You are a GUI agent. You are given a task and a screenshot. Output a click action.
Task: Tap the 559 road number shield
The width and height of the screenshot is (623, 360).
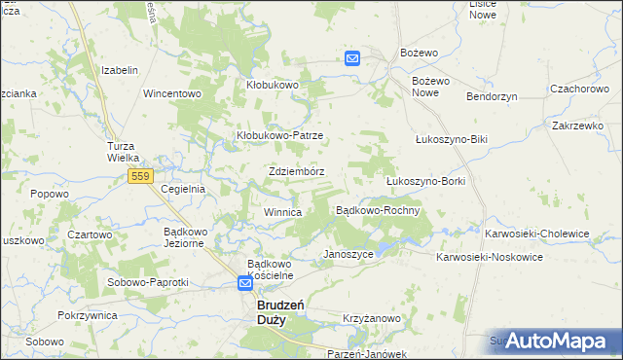point(140,175)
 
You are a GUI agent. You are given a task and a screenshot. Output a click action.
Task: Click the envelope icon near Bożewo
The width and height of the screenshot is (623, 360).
point(352,58)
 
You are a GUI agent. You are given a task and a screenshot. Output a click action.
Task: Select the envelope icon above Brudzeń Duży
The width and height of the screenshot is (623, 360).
point(247,284)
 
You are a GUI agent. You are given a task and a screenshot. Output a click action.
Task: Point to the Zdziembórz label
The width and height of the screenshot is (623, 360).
point(296,171)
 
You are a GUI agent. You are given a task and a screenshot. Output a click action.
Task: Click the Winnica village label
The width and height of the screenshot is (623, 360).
point(282,211)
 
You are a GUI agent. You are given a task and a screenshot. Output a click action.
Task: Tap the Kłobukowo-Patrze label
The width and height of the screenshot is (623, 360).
point(280,135)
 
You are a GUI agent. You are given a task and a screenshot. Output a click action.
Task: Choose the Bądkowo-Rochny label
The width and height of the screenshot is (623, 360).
point(378,210)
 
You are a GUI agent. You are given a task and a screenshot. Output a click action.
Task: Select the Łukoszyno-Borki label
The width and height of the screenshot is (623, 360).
point(426,181)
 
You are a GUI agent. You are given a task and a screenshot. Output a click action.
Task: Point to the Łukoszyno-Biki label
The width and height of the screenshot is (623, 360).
point(450,139)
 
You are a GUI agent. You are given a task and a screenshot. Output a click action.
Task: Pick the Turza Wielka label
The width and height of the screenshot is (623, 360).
point(124,152)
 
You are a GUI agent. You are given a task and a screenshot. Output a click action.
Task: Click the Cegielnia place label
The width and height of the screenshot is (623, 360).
point(183,189)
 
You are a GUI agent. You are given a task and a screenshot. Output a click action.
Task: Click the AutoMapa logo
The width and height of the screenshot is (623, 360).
point(558,340)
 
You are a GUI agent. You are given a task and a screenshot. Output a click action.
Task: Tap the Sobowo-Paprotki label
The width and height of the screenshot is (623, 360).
point(149,281)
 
